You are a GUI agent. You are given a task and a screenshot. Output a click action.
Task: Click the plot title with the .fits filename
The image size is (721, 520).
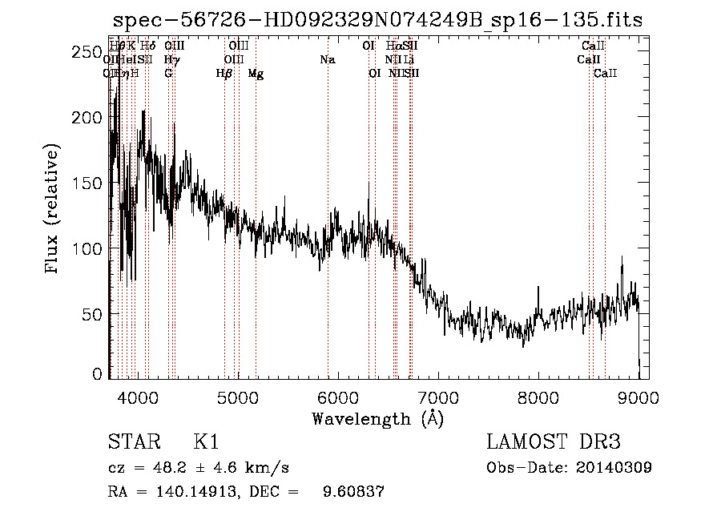377,20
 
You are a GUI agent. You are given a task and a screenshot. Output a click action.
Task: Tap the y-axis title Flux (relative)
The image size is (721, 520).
53,210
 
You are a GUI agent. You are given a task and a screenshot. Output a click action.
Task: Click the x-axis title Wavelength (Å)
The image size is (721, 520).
377,418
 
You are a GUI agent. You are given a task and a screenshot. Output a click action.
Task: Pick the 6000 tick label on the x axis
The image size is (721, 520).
337,397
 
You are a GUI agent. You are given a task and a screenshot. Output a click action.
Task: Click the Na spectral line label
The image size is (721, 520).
327,59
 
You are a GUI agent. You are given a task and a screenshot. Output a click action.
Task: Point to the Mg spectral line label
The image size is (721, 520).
256,74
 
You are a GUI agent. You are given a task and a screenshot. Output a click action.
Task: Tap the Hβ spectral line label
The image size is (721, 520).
224,74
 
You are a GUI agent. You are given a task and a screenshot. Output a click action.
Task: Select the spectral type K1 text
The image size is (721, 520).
206,442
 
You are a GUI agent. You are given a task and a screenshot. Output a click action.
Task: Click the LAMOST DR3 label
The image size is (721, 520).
554,442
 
